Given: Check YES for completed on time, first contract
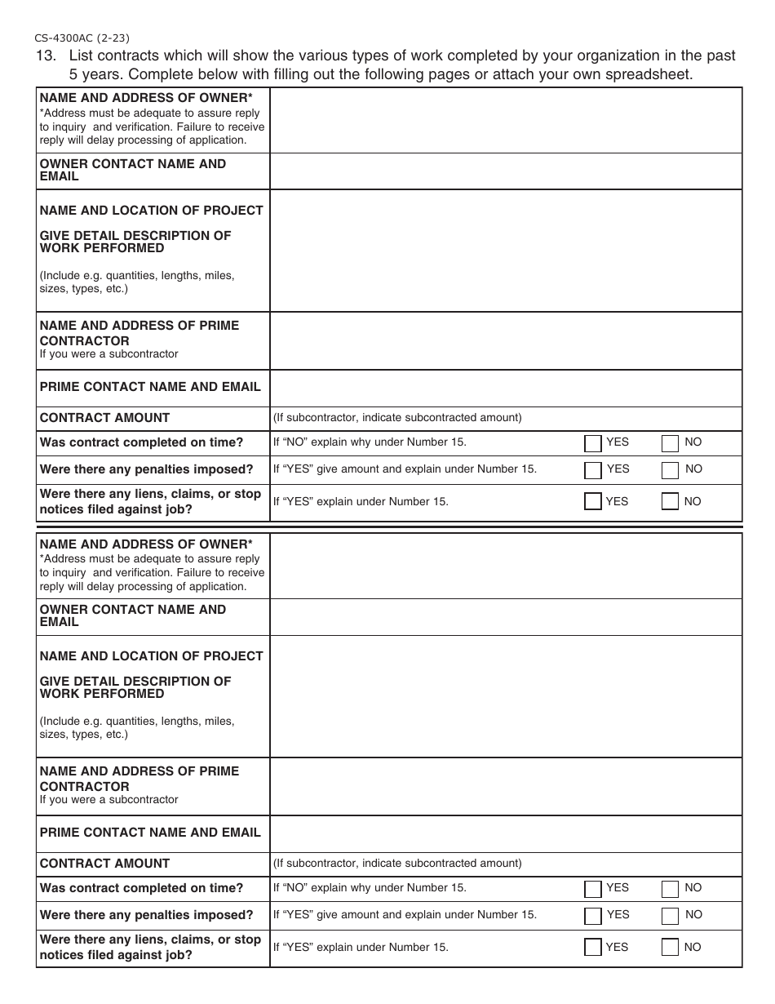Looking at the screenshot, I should pos(593,443).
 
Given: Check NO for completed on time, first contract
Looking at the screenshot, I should pos(670,443).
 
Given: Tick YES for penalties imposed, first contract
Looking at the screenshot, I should pos(593,470).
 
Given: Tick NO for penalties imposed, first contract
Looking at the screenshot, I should pos(670,470).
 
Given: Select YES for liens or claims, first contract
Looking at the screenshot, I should pos(593,502).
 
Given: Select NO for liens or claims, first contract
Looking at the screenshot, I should pos(670,502).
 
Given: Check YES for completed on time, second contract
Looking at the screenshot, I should pos(593,889).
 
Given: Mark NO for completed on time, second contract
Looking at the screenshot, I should pos(670,889).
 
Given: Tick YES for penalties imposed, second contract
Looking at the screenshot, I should pos(593,916).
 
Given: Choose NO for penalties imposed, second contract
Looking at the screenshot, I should pos(670,916).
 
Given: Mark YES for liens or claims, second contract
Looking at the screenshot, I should pos(593,948).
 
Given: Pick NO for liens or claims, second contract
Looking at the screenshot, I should pos(670,948).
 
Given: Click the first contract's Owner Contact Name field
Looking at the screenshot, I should pos(506,171).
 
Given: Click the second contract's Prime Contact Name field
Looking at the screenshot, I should pos(506,833).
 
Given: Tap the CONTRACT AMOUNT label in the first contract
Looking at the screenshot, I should pos(104,418).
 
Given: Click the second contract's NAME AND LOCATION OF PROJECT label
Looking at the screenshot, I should pos(151,656).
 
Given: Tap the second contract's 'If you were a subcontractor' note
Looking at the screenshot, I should pos(108,800).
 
